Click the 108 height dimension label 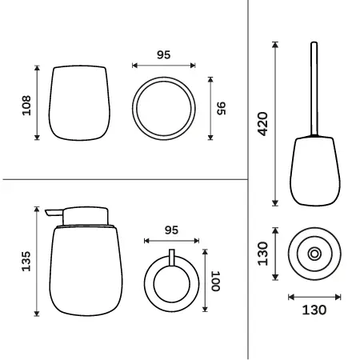click(x=26, y=106)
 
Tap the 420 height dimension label click(x=262, y=124)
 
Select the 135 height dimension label click(x=26, y=262)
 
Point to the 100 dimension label click(x=215, y=282)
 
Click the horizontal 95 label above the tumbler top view click(x=163, y=54)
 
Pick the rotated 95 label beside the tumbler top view click(x=222, y=108)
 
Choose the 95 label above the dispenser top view click(x=171, y=230)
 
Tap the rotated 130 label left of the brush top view click(x=262, y=254)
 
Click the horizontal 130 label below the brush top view click(x=314, y=310)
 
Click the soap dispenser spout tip click(x=46, y=212)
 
